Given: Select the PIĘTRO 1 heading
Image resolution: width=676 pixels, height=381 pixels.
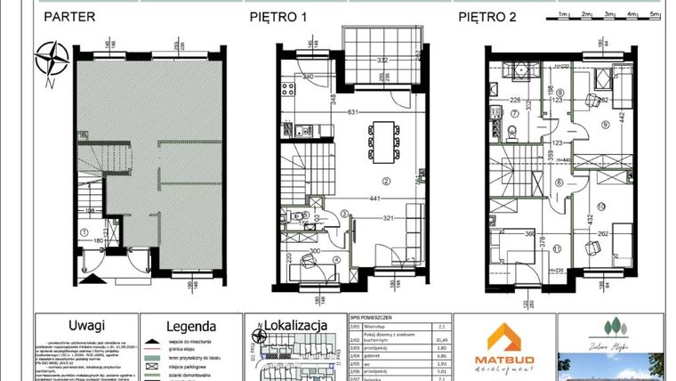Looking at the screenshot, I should tap(277, 16).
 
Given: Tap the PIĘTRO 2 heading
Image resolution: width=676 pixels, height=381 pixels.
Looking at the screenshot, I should tap(488, 16).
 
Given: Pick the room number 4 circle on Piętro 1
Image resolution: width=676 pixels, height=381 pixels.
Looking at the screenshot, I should tap(335, 259).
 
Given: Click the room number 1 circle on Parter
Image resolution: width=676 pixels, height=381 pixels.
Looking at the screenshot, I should tap(84, 233).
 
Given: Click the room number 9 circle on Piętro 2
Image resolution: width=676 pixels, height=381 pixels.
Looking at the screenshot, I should tap(605, 125).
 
